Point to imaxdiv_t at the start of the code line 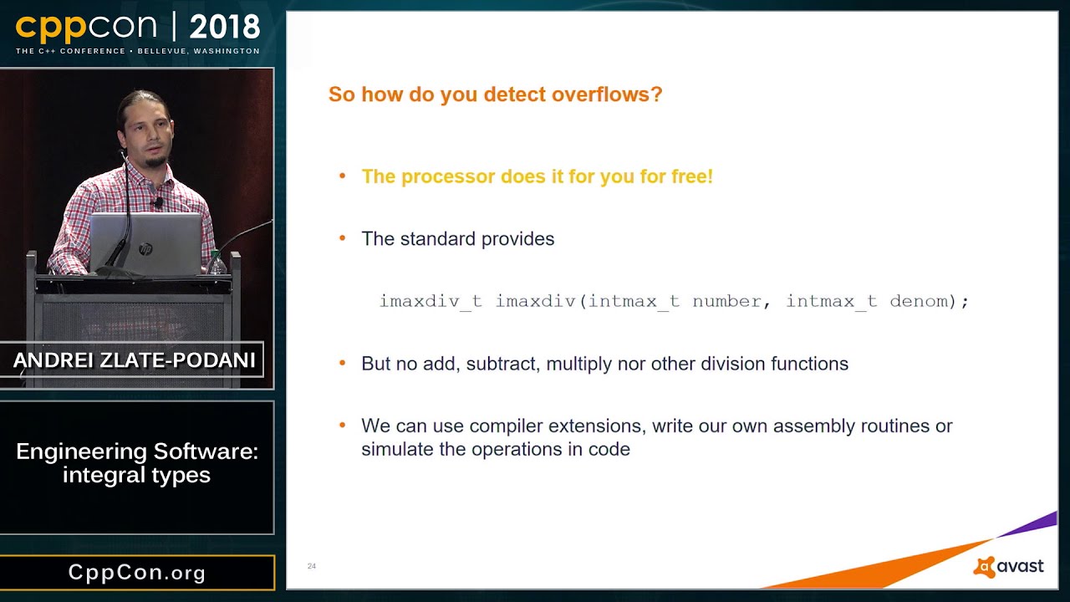coord(430,301)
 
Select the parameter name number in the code coord(726,301)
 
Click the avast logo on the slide coord(1009,567)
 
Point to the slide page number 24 coord(312,566)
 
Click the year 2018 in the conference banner coord(224,28)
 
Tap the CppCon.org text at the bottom coord(137,573)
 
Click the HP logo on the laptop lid coord(145,249)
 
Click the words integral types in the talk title coord(136,475)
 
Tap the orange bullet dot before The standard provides coord(342,239)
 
